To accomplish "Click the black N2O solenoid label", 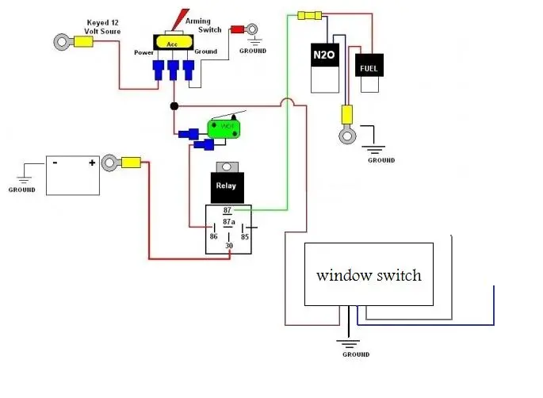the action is click(x=324, y=55).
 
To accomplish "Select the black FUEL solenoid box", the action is click(x=369, y=65).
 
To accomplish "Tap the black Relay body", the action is click(x=228, y=187).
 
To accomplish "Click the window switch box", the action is click(x=369, y=274).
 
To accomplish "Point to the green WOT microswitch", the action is click(x=224, y=129).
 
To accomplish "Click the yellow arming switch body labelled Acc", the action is click(x=174, y=42).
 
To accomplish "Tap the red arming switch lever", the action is click(x=180, y=19).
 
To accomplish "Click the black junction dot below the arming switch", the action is click(x=174, y=106).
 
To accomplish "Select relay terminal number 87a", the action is click(x=228, y=222).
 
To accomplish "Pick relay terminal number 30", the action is click(x=229, y=246).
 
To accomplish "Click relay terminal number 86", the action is click(x=214, y=236).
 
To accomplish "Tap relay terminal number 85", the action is click(x=245, y=236).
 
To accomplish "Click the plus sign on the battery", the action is click(x=92, y=163).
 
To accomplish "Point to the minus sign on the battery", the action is click(x=55, y=162).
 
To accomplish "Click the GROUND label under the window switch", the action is click(x=356, y=354).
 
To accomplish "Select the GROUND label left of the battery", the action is click(x=22, y=189).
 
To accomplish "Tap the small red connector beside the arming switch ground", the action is click(x=238, y=29).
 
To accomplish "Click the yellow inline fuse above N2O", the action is click(x=310, y=15).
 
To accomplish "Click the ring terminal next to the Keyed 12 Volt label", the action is click(x=63, y=42).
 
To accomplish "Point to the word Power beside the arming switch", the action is click(x=143, y=52).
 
